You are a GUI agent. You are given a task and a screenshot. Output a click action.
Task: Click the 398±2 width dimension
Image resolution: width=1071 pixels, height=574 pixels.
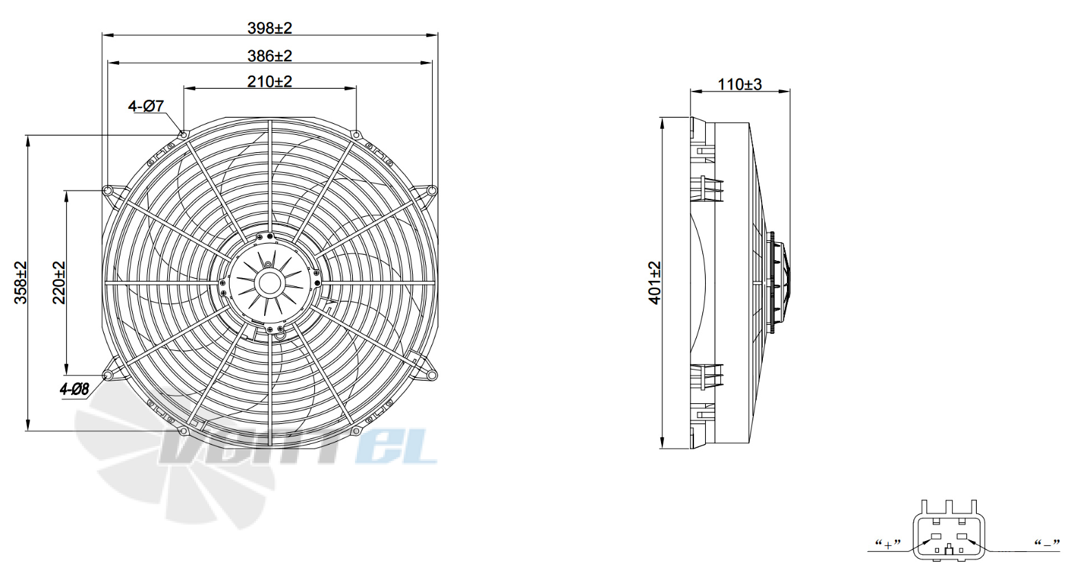(270, 28)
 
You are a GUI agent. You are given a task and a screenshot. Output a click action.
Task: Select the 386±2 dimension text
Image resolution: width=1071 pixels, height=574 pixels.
(270, 56)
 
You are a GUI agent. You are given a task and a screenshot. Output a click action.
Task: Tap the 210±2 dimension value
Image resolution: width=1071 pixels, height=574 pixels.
(270, 81)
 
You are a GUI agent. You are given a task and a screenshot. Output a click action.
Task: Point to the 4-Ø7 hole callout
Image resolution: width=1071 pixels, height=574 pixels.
(147, 106)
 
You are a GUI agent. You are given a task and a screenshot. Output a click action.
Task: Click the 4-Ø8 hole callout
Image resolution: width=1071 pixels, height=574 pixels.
(74, 390)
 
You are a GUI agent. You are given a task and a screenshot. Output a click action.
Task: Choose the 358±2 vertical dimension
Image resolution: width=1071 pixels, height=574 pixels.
(21, 282)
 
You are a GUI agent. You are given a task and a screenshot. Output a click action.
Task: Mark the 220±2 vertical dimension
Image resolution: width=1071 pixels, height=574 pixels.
(58, 282)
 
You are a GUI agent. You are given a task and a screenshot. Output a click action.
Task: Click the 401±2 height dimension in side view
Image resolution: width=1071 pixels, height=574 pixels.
(655, 282)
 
